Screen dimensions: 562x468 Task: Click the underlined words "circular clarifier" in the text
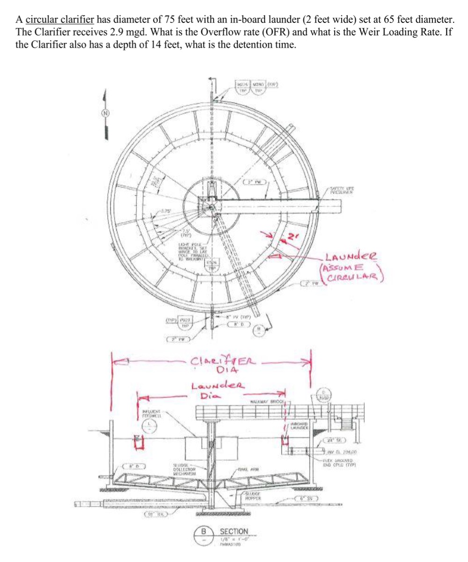coord(60,20)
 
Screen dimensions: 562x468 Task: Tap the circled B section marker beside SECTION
coord(204,531)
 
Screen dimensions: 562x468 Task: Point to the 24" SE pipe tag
coord(334,439)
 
